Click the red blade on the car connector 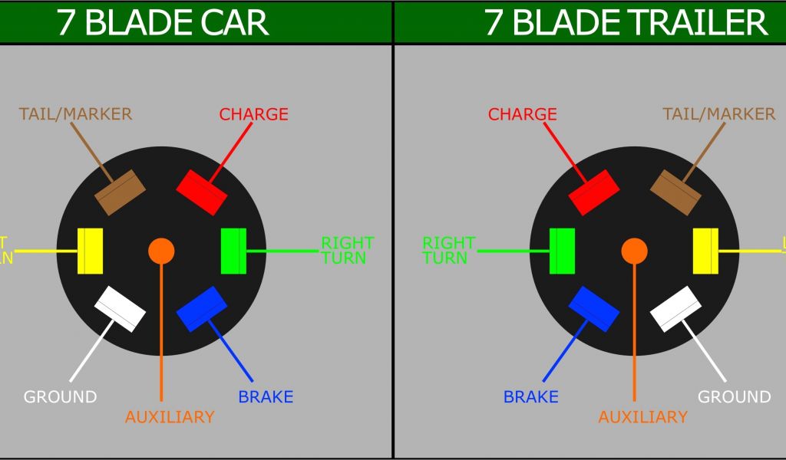click(x=202, y=192)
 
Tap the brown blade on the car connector click(x=120, y=192)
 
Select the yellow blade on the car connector click(x=91, y=251)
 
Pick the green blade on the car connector click(x=233, y=251)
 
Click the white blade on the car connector click(x=120, y=309)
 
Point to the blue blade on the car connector click(x=202, y=309)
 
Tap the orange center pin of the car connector click(x=161, y=250)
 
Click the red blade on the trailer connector click(x=594, y=192)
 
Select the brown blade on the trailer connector click(x=676, y=192)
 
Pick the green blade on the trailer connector click(x=563, y=251)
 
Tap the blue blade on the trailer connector click(x=594, y=309)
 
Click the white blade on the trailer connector click(x=676, y=309)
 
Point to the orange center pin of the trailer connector click(x=634, y=250)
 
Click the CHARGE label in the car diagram click(x=253, y=114)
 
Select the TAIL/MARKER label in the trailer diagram click(x=718, y=114)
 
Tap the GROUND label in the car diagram click(x=60, y=397)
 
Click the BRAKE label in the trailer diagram click(x=530, y=397)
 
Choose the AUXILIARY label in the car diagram click(x=169, y=417)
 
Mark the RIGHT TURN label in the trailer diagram click(x=449, y=251)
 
